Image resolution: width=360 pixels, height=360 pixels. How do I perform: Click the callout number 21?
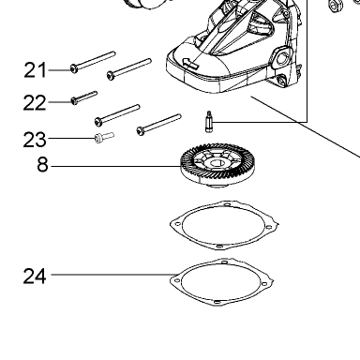[x=36, y=70]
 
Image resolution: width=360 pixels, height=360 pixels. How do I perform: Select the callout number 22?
[x=35, y=102]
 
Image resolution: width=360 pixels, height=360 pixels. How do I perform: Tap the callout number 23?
[x=35, y=140]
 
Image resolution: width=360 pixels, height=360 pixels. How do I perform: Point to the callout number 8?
[x=42, y=165]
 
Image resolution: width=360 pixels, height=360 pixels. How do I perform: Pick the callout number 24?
[x=35, y=276]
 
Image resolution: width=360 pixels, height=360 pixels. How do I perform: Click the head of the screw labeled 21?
[x=74, y=68]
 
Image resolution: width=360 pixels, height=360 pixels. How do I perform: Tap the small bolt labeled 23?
[x=104, y=137]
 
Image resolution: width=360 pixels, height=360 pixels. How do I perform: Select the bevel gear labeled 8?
[x=217, y=166]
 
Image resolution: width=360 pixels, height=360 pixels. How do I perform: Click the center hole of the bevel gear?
[x=217, y=163]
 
